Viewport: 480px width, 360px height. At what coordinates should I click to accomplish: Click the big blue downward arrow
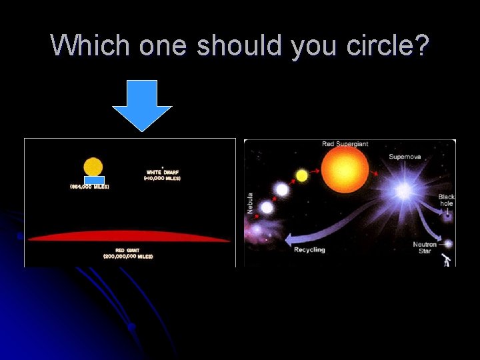point(142,103)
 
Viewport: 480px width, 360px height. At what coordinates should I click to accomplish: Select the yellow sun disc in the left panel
point(93,167)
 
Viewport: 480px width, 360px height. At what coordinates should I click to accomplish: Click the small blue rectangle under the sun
point(94,180)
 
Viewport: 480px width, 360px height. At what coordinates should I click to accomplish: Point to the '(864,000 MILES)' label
point(89,187)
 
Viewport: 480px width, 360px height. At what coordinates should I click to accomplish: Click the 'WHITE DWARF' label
point(163,172)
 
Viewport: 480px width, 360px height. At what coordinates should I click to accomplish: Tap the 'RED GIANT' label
point(128,251)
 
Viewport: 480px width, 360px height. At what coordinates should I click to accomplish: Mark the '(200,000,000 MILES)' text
point(128,257)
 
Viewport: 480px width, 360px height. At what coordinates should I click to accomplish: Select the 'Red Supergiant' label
point(345,144)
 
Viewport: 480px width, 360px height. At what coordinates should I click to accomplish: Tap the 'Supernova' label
point(405,157)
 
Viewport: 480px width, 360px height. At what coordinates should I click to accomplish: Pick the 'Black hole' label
point(447,200)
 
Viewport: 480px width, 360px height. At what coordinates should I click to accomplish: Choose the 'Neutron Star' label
point(425,247)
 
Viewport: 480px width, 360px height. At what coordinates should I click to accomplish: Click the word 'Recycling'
point(309,249)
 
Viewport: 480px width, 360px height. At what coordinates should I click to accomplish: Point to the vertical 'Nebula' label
point(250,203)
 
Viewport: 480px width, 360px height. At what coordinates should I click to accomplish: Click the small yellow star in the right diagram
point(302,175)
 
